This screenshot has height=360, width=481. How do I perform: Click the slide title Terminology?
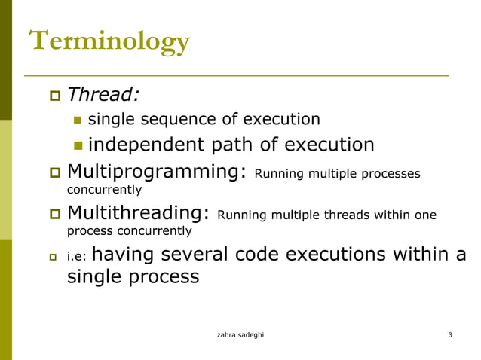tap(109, 42)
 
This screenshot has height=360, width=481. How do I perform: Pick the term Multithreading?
tap(138, 214)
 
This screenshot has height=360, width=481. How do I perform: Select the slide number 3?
tap(449, 334)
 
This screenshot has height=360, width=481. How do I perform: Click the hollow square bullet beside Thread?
tap(54, 96)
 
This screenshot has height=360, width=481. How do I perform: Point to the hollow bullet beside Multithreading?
tap(54, 215)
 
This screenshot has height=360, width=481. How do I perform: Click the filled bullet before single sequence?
tap(78, 120)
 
